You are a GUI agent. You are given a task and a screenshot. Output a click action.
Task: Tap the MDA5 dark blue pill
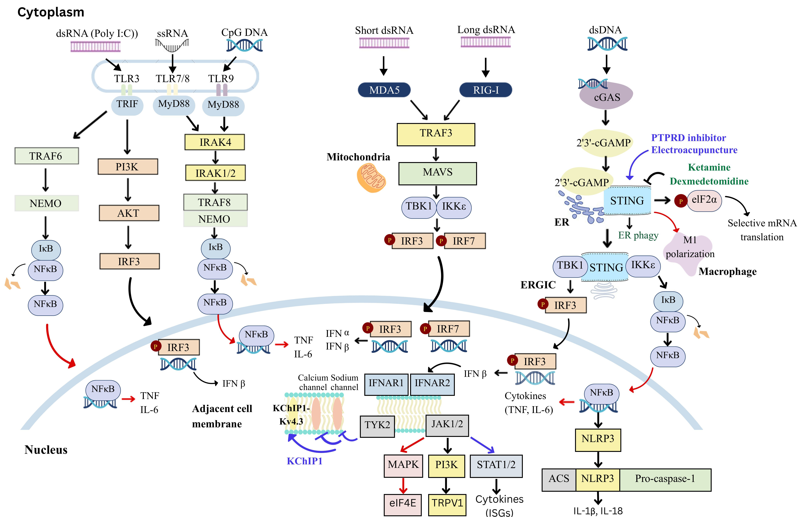(x=384, y=90)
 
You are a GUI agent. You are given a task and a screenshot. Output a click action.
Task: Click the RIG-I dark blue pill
(x=486, y=90)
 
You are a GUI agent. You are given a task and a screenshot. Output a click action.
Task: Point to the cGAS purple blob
(x=606, y=97)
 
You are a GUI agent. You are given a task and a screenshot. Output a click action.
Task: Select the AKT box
(x=129, y=213)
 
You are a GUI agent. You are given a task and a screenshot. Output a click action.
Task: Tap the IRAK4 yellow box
(x=215, y=142)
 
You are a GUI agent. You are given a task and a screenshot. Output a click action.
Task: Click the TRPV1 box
(x=447, y=503)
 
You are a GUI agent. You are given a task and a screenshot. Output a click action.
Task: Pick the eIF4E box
(x=403, y=503)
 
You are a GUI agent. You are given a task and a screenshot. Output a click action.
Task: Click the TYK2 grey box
(x=377, y=425)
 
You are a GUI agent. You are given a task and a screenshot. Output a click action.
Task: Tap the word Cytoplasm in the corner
(x=51, y=12)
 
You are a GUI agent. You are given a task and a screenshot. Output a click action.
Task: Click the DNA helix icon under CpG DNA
(x=244, y=45)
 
